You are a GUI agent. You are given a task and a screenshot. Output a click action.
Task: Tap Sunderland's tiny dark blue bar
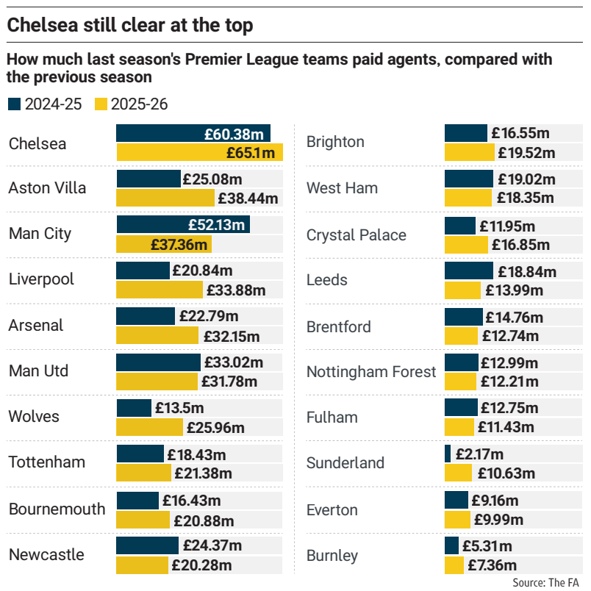448,454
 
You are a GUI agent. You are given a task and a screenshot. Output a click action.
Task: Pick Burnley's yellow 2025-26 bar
454,565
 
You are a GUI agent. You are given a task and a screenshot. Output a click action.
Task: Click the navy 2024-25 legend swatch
14,104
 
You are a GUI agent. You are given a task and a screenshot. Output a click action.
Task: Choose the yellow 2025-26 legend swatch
100,104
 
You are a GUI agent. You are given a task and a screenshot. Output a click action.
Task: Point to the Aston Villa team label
47,188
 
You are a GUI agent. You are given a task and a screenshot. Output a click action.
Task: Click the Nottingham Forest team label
371,372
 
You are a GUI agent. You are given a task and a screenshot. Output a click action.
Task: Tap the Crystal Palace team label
356,235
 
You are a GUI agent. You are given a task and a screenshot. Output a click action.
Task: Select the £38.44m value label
248,198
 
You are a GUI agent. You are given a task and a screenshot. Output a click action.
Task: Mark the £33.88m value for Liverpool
235,290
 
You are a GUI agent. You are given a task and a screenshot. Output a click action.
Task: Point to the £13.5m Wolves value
179,408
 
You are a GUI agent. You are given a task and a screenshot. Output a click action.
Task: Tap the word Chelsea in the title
37,26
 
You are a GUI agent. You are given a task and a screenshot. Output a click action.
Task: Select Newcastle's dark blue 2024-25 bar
148,545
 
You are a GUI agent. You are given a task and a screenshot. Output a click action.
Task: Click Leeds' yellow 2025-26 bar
462,290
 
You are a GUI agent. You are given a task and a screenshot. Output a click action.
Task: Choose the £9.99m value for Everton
500,520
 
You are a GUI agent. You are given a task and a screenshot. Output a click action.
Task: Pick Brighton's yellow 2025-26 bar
470,153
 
